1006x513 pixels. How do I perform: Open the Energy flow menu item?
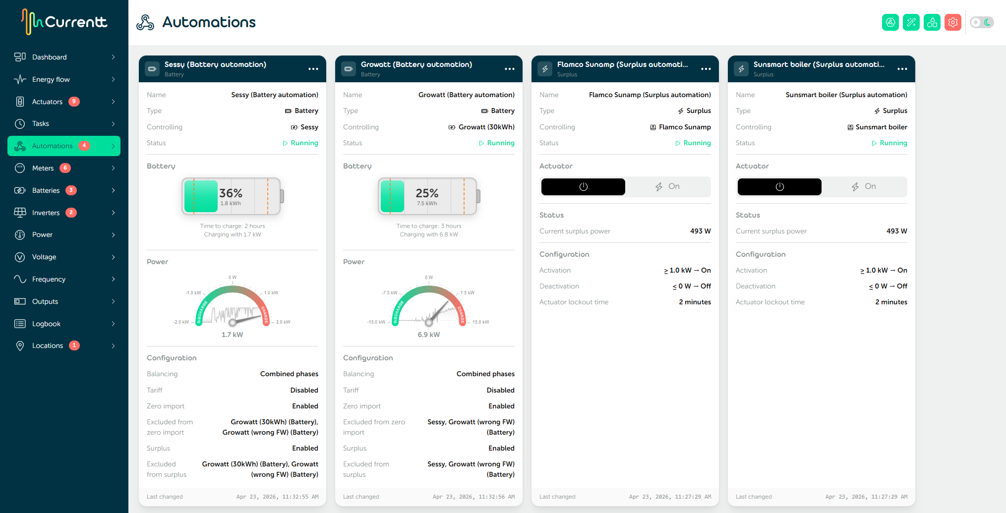pyautogui.click(x=51, y=79)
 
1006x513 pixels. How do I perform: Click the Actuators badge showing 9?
pyautogui.click(x=74, y=102)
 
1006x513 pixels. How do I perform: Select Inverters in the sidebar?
pyautogui.click(x=46, y=213)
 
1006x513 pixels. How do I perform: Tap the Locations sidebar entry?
pyautogui.click(x=47, y=345)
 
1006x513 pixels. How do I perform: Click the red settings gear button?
pyautogui.click(x=952, y=22)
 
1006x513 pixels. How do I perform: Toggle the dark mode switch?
pyautogui.click(x=982, y=22)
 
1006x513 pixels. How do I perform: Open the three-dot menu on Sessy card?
pyautogui.click(x=313, y=69)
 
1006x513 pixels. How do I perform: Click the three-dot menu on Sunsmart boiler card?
pyautogui.click(x=902, y=69)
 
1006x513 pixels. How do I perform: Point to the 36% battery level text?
pyautogui.click(x=231, y=193)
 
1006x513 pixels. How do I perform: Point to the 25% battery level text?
pyautogui.click(x=427, y=193)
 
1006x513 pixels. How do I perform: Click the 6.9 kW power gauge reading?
pyautogui.click(x=428, y=335)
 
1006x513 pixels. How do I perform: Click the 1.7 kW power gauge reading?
pyautogui.click(x=232, y=335)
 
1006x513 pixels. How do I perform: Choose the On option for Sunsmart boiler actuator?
pyautogui.click(x=864, y=186)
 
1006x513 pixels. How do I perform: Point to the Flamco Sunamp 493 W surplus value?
pyautogui.click(x=700, y=231)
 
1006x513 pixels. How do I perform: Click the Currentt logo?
pyautogui.click(x=64, y=22)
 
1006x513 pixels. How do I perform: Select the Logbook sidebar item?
pyautogui.click(x=46, y=324)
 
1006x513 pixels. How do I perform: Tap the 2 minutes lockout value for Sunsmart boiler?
pyautogui.click(x=891, y=302)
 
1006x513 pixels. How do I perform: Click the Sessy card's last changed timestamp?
pyautogui.click(x=277, y=497)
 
